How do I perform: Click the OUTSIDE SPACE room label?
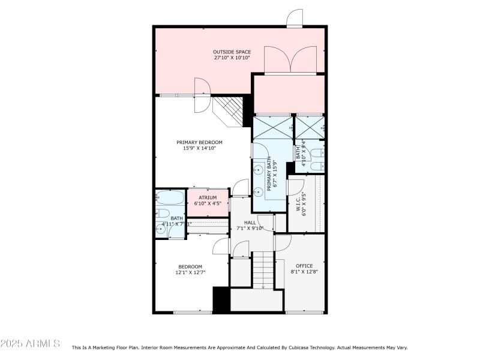coord(231,52)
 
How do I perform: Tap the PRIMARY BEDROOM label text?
coord(199,142)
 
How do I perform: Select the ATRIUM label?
coord(208,197)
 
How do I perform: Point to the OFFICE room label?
coord(304,266)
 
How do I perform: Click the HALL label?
coord(250,223)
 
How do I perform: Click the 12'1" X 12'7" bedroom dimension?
coord(190,272)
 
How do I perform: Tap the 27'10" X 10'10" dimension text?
coord(231,58)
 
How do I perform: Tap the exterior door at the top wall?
coord(295,19)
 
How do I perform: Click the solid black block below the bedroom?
coord(221,299)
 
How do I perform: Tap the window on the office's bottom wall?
coord(305,312)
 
